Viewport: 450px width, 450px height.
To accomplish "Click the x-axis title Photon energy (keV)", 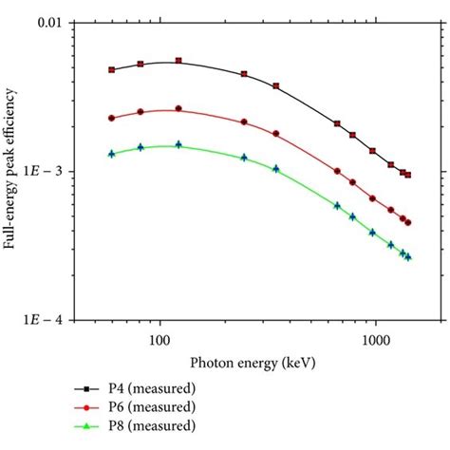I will (x=252, y=362).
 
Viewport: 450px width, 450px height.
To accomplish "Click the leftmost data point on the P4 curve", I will (x=112, y=69).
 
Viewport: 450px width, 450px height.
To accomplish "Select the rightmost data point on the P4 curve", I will (x=408, y=175).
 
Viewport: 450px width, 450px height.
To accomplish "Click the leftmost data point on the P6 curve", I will (x=112, y=118).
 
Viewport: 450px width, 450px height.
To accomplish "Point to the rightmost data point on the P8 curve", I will (x=408, y=257).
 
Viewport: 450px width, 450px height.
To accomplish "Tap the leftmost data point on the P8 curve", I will (x=112, y=153).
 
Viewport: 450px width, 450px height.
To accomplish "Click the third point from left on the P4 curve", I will (x=178, y=61).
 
